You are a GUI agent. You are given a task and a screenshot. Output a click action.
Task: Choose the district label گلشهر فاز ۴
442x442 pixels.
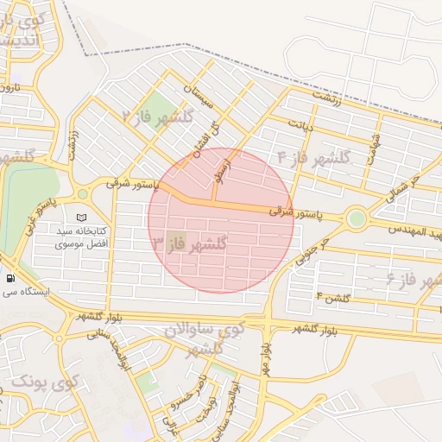(x=314, y=158)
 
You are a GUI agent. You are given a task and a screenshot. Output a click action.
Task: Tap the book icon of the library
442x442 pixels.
(x=82, y=218)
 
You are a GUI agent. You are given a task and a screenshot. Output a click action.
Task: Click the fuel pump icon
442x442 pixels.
(x=10, y=278)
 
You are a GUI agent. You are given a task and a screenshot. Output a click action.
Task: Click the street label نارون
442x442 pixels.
(x=9, y=87)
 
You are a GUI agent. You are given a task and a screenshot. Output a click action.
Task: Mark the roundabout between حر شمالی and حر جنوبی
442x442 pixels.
(x=356, y=218)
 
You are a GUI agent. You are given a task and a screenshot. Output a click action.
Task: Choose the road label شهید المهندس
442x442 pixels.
(x=415, y=230)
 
